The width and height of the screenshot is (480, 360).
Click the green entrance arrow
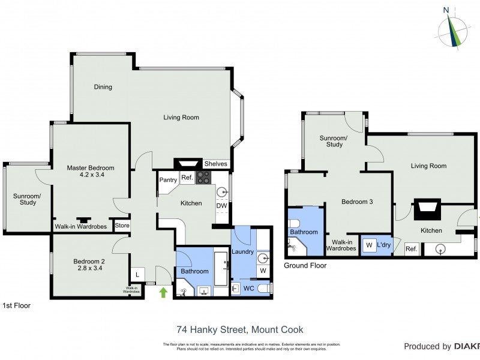[163, 293]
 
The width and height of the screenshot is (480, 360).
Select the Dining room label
[103, 87]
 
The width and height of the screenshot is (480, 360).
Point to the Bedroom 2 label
[89, 265]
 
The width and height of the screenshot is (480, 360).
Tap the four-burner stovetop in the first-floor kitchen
[203, 178]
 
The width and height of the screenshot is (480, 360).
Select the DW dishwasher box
[221, 206]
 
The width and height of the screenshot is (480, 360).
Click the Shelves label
[215, 164]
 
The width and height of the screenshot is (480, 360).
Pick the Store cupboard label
[122, 226]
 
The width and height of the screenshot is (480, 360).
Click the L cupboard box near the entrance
[137, 274]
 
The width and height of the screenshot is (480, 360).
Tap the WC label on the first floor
[248, 289]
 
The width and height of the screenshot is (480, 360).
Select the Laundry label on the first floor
[242, 252]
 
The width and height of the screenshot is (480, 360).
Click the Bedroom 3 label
[357, 202]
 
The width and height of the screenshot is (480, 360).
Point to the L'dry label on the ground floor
[383, 245]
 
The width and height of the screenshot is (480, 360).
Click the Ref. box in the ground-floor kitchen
[412, 249]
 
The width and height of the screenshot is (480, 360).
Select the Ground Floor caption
[305, 265]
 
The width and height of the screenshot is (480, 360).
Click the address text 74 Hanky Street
[239, 329]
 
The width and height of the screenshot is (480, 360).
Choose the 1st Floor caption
[16, 305]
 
